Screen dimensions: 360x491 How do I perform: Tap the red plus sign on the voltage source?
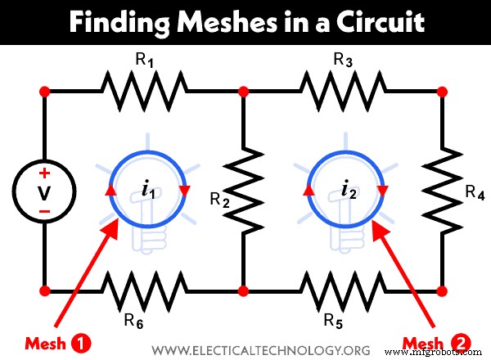(x=45, y=173)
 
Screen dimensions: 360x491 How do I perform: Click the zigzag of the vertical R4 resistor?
(x=443, y=189)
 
